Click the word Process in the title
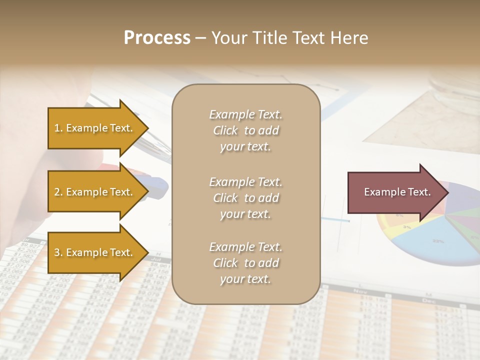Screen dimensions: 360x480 [x=157, y=38]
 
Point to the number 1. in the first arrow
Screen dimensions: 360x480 [x=58, y=128]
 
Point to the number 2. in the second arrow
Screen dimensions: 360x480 [x=58, y=192]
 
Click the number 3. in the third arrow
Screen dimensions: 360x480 [x=58, y=252]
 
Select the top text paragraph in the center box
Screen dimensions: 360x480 [x=245, y=130]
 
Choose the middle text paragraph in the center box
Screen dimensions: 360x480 [x=245, y=198]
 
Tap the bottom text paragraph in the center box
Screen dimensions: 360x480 [x=245, y=263]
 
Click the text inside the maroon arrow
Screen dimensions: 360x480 [x=397, y=192]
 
